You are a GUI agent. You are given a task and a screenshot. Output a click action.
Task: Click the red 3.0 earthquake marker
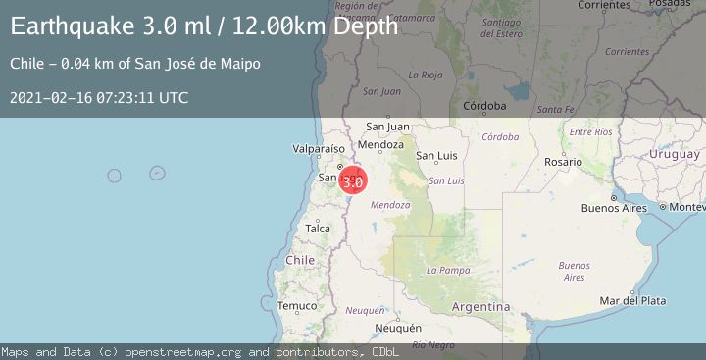(x=353, y=180)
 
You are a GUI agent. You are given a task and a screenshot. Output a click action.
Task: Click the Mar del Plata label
(x=632, y=300)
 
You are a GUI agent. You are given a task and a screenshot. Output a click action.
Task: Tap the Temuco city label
(x=297, y=306)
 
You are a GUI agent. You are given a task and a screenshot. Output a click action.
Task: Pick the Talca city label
(x=318, y=229)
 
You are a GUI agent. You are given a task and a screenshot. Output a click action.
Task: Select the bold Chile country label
(x=300, y=260)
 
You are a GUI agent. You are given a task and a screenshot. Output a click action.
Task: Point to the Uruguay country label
(x=674, y=155)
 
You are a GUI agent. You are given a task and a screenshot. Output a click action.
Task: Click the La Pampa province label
(x=447, y=270)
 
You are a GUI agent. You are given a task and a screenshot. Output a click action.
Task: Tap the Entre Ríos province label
(x=590, y=131)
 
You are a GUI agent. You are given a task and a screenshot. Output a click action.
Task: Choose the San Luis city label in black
(x=437, y=155)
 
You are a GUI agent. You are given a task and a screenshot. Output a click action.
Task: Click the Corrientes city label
(x=603, y=5)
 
